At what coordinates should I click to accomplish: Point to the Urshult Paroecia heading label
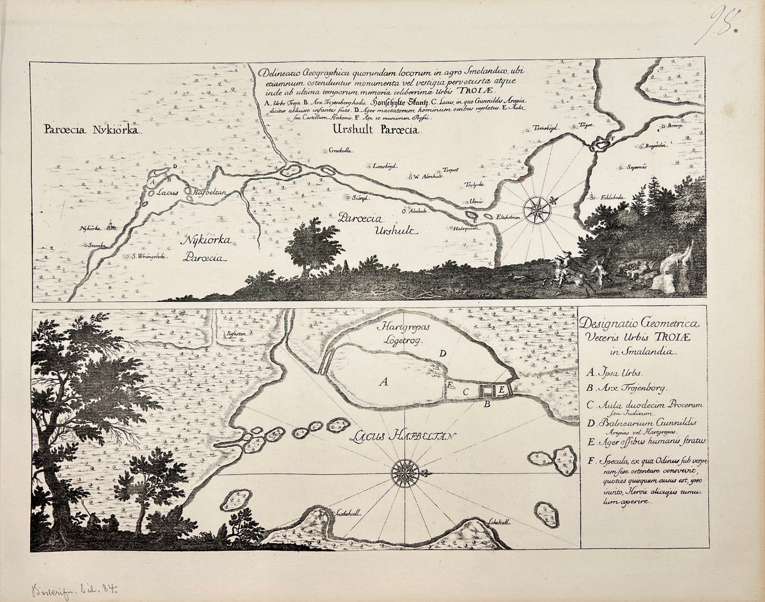tap(375, 129)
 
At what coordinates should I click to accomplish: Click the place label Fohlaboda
tap(613, 197)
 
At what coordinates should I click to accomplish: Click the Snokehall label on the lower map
tap(346, 513)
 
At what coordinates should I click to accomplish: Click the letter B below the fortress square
tap(486, 405)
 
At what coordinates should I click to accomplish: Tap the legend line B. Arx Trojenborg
tap(627, 388)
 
